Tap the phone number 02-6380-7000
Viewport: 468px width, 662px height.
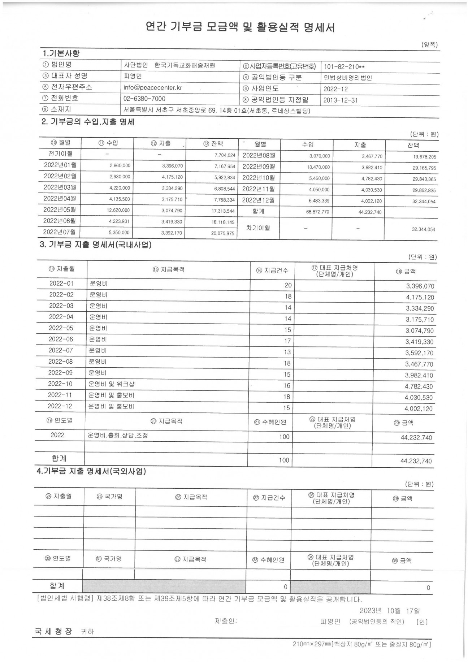click(144, 99)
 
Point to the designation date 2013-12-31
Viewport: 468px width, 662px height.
click(341, 100)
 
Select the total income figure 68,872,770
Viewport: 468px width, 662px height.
click(317, 212)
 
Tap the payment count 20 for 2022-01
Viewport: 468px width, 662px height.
click(288, 285)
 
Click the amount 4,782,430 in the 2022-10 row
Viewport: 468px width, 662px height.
click(419, 386)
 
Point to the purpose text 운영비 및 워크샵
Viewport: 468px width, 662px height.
click(112, 384)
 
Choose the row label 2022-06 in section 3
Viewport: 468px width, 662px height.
click(61, 339)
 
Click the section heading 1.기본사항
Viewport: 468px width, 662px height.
click(61, 53)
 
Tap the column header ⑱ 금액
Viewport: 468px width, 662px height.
click(406, 271)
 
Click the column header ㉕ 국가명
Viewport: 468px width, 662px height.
click(109, 497)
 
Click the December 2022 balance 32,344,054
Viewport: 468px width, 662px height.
click(424, 202)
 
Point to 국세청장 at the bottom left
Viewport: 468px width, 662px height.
click(53, 631)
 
